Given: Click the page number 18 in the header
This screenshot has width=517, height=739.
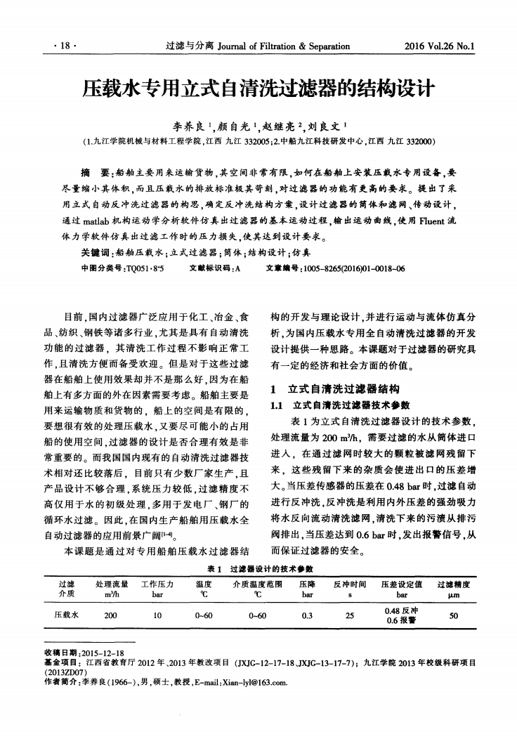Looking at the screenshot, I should point(68,48).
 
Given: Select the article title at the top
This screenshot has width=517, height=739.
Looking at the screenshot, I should point(258,89).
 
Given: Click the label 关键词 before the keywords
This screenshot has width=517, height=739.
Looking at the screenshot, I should point(96,253).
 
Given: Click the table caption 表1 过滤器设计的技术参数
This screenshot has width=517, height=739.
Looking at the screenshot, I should point(257,568).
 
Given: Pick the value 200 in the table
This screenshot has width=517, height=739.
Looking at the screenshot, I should point(110,615).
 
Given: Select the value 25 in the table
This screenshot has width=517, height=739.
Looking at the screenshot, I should point(349,615).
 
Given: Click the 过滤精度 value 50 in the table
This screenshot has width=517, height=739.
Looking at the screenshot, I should point(453,615).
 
